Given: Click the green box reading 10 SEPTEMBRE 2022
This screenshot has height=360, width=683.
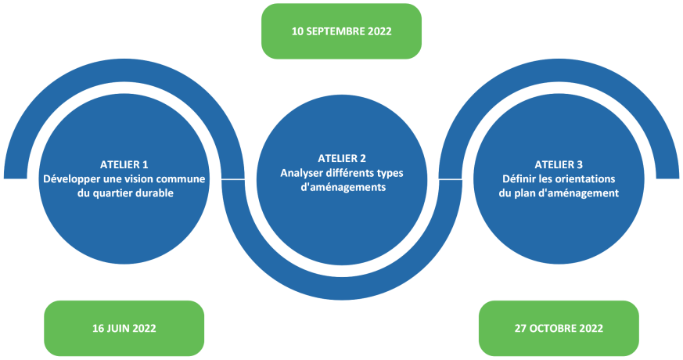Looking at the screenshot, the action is pyautogui.click(x=341, y=31).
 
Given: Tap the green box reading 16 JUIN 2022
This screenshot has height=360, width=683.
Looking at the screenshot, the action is pyautogui.click(x=124, y=328).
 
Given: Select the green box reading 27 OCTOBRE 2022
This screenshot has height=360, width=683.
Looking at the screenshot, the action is pyautogui.click(x=559, y=328).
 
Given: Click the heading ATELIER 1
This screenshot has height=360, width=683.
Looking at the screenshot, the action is pyautogui.click(x=124, y=165).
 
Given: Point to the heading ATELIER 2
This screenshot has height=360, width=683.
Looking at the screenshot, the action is pyautogui.click(x=342, y=159).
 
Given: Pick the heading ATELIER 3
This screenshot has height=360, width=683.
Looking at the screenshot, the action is pyautogui.click(x=559, y=165).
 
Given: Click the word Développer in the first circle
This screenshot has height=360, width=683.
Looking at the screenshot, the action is pyautogui.click(x=71, y=179).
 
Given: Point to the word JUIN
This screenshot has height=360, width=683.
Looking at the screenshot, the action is pyautogui.click(x=119, y=328).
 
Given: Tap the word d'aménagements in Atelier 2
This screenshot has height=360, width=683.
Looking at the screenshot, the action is pyautogui.click(x=343, y=187).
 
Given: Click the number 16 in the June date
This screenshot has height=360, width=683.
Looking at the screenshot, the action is pyautogui.click(x=98, y=328).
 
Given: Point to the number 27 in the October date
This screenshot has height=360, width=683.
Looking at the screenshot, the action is pyautogui.click(x=520, y=328).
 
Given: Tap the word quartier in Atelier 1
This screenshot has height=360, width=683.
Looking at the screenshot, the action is pyautogui.click(x=113, y=193).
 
